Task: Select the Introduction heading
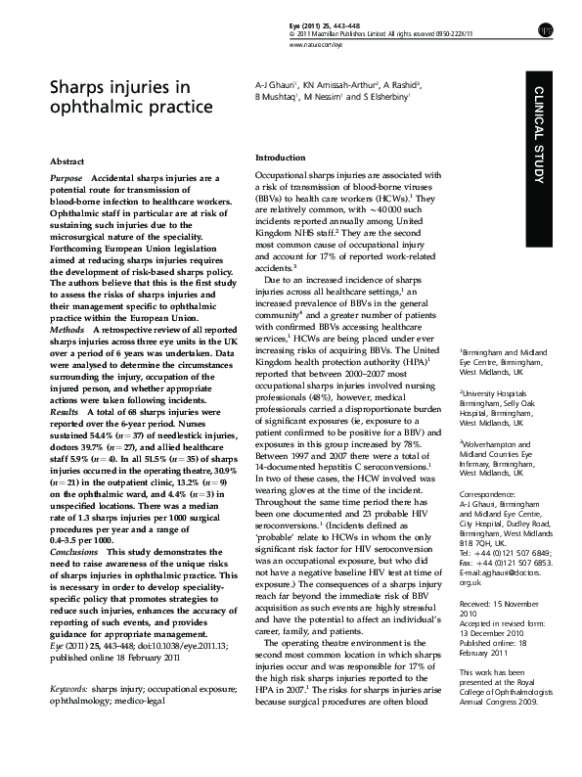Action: pos(281,158)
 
